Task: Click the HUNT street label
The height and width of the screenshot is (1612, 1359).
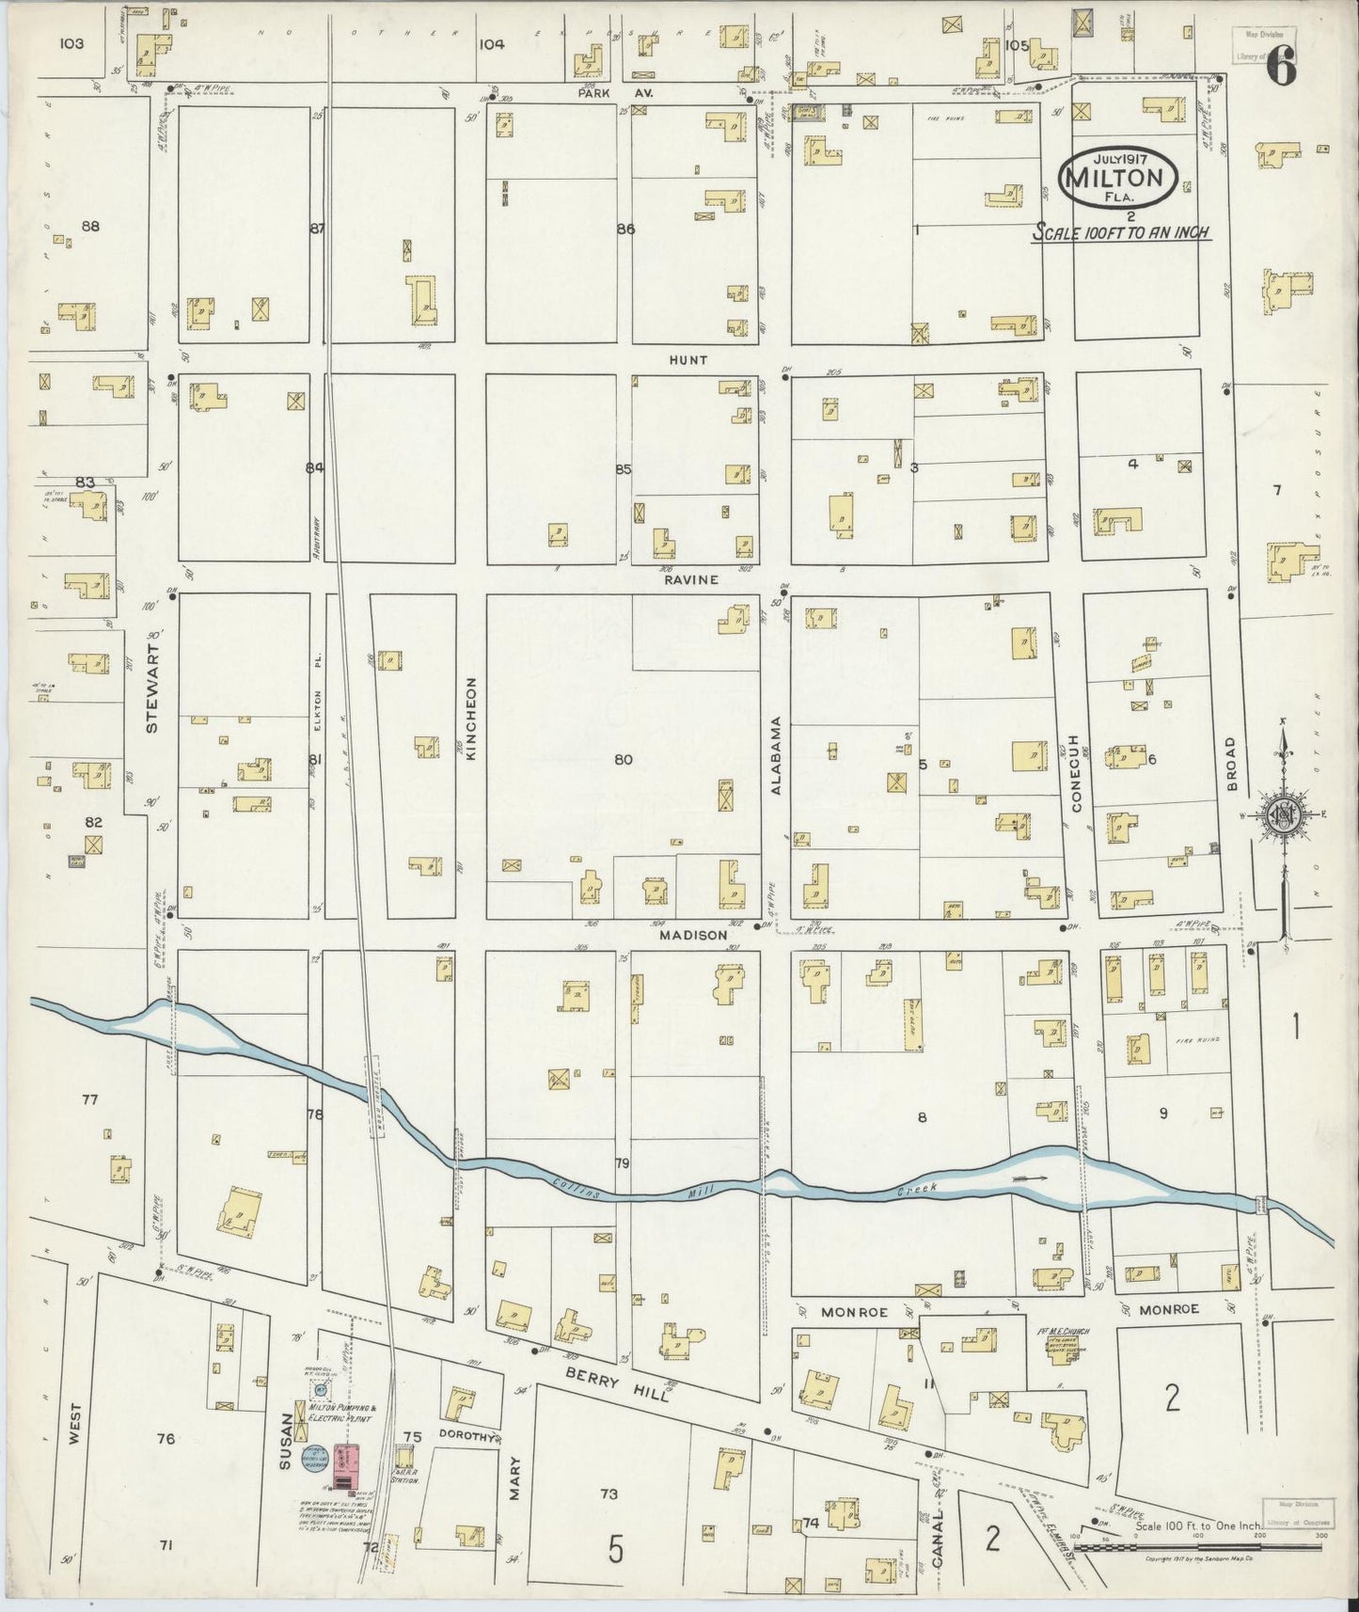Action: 687,360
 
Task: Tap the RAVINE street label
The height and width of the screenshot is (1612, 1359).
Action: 691,579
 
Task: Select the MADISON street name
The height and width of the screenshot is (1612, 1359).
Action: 692,935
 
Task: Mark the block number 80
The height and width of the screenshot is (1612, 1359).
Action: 623,760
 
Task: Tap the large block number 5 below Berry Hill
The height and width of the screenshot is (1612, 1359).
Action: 615,1549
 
